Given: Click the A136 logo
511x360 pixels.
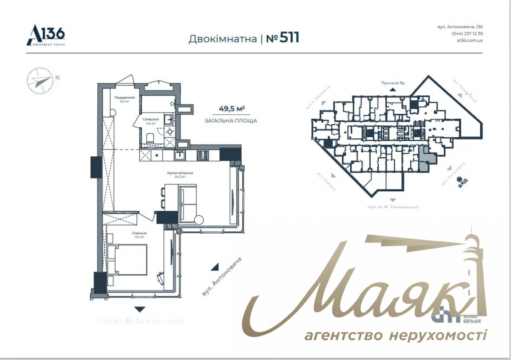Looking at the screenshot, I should click(46, 35).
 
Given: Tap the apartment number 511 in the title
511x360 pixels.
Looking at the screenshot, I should click(289, 38).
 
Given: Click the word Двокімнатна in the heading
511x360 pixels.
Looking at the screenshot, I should click(222, 39).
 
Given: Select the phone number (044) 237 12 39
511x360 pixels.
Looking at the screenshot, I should click(467, 33).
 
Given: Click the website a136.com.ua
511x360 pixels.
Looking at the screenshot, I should click(469, 40).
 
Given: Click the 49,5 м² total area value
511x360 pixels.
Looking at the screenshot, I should click(231, 109).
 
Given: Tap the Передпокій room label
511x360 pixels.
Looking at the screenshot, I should click(125, 98).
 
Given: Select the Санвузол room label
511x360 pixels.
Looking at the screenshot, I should click(151, 119).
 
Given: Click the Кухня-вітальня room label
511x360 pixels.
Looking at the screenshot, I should click(180, 173).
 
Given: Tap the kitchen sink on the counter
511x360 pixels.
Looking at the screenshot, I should click(180, 155).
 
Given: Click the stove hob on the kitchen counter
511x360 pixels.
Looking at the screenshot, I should click(203, 155).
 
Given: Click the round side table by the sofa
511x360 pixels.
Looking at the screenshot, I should click(199, 220).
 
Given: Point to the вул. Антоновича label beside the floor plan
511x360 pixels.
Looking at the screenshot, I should click(222, 276).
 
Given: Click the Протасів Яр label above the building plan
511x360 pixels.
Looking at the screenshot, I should click(393, 83).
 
